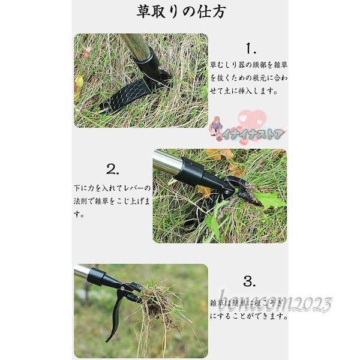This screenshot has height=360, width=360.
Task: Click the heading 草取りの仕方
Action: click(181, 12)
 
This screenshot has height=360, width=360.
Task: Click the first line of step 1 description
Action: click(248, 63)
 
